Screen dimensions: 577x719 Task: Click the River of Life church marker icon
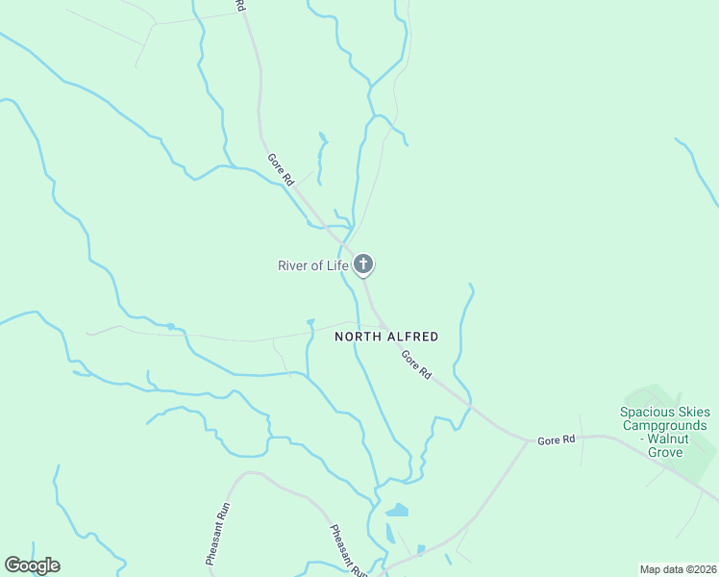(x=363, y=264)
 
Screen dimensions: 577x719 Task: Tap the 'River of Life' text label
(x=312, y=265)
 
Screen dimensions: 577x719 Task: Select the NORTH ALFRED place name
(x=386, y=337)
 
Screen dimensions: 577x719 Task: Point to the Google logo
(x=32, y=565)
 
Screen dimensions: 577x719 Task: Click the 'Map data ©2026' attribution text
(x=678, y=568)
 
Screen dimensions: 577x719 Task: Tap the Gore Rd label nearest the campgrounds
(x=557, y=439)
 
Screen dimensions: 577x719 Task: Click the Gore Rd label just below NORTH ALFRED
(x=417, y=364)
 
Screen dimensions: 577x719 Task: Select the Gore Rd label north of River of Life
(x=279, y=170)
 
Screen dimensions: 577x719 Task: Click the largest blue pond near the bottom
(x=396, y=511)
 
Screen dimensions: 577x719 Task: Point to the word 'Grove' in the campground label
(x=663, y=452)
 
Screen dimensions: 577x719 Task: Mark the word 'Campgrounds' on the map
(x=663, y=425)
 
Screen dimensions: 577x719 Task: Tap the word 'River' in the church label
(x=295, y=265)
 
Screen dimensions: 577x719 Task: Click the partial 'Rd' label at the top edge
(x=240, y=6)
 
